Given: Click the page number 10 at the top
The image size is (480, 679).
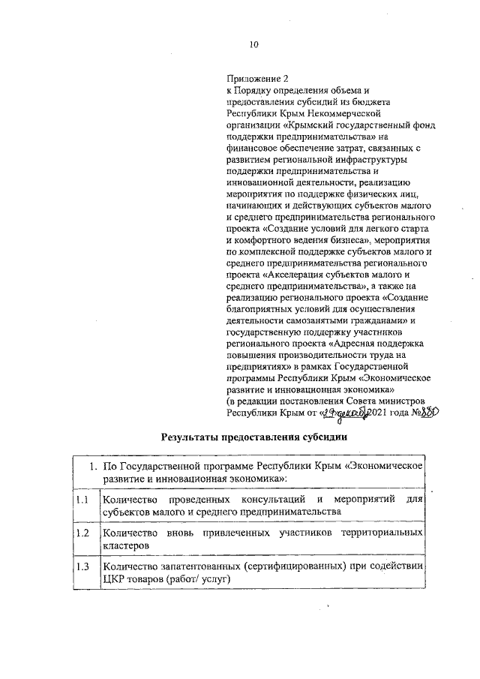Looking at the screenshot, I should point(253,45).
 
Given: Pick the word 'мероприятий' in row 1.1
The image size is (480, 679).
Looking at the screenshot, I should point(367,500).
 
